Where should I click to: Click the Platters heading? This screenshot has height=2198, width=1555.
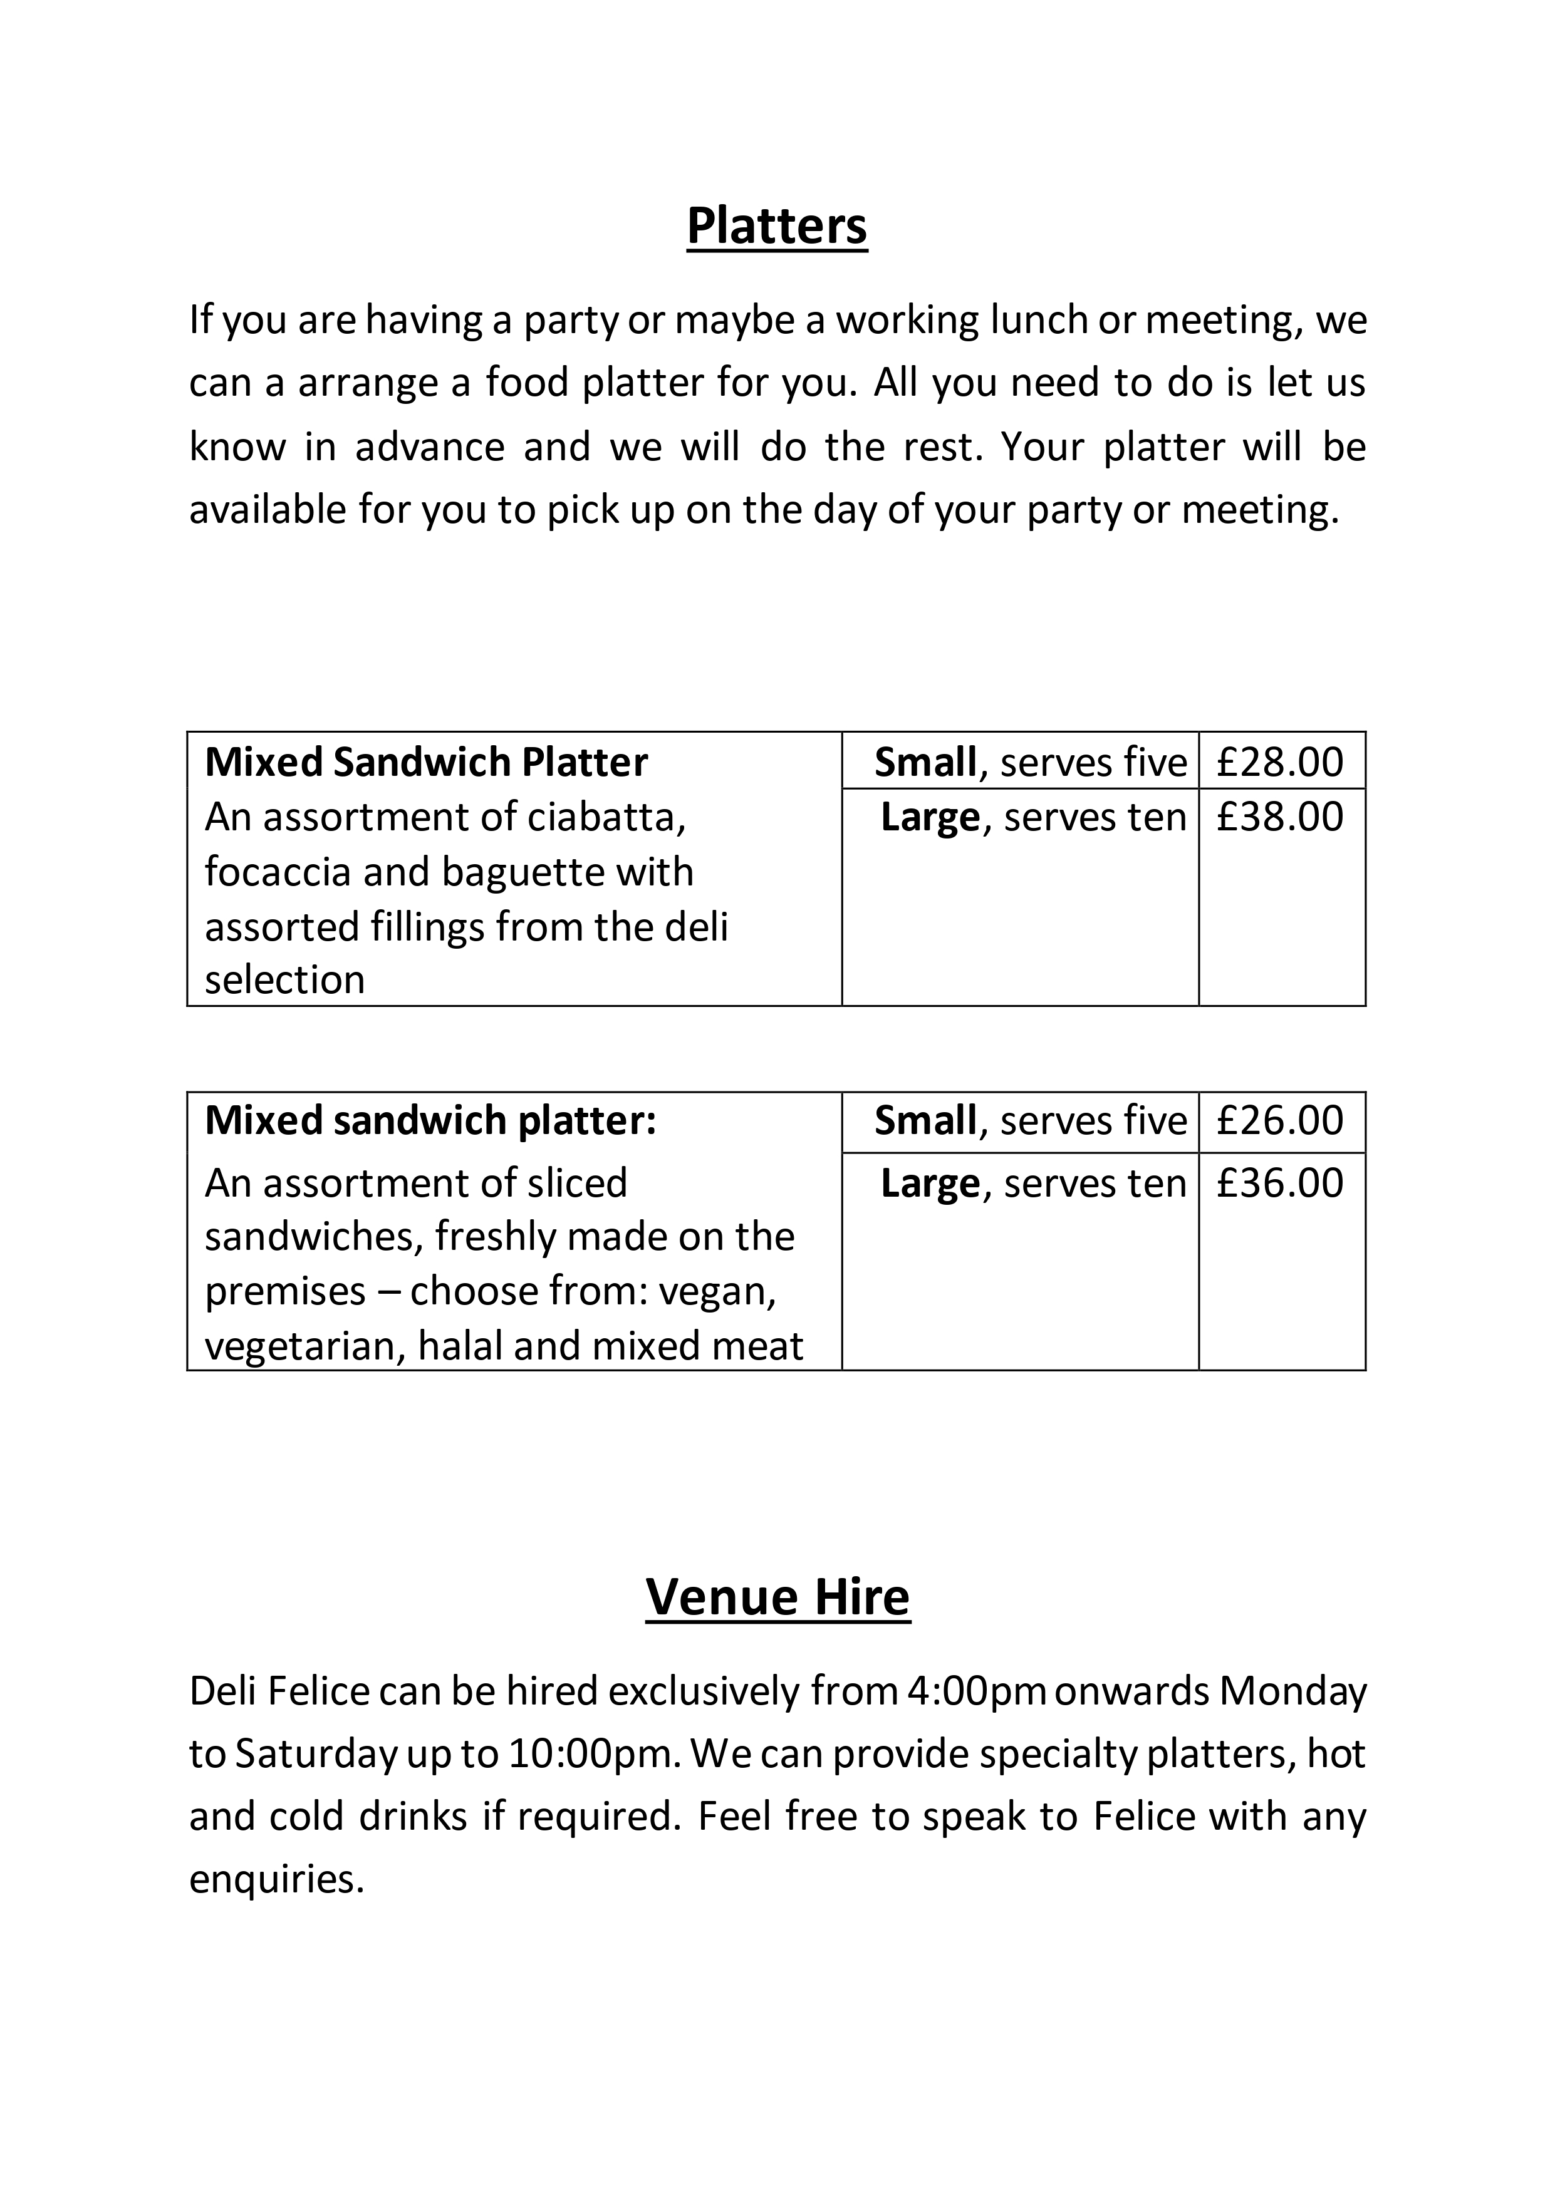[x=776, y=226]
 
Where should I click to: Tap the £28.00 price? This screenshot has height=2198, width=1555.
[x=1280, y=762]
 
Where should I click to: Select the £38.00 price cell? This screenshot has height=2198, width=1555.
[x=1280, y=817]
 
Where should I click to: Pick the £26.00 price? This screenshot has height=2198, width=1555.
[x=1280, y=1120]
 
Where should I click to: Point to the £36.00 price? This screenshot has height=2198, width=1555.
[x=1280, y=1184]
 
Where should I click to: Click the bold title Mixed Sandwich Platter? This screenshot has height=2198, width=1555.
[x=426, y=762]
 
